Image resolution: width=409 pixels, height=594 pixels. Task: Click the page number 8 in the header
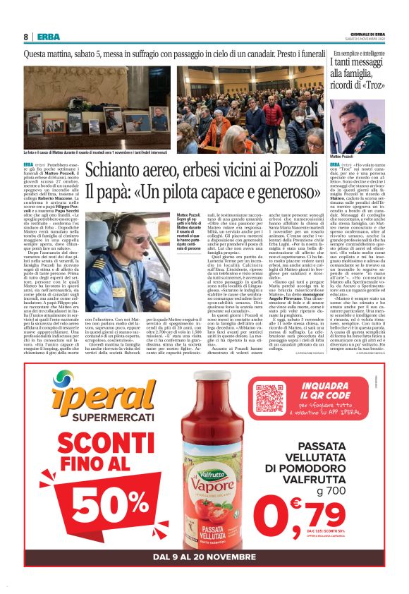(x=26, y=37)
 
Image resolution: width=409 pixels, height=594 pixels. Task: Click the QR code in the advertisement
(x=269, y=400)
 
